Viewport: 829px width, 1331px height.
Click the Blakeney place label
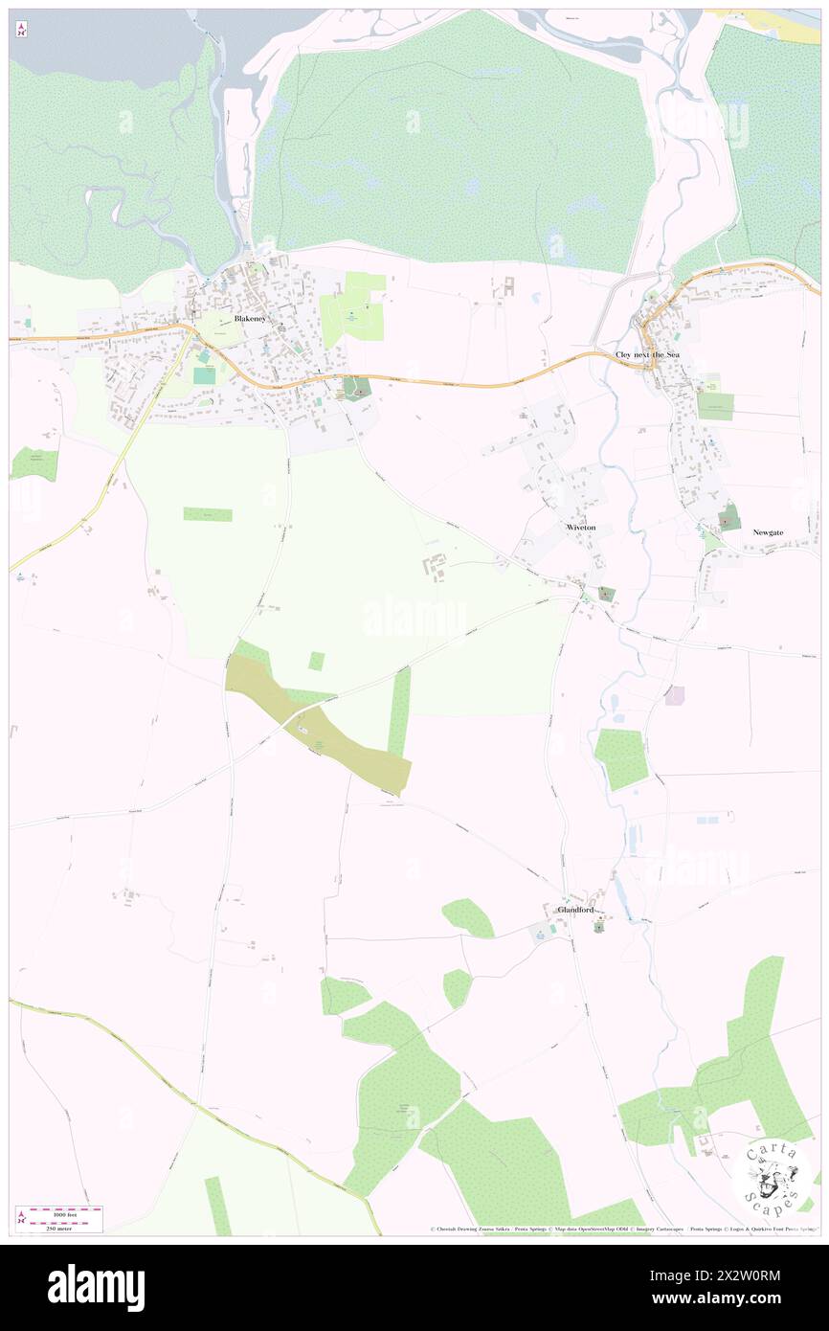click(250, 318)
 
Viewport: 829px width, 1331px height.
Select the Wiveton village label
click(581, 528)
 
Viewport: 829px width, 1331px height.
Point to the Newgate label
click(768, 531)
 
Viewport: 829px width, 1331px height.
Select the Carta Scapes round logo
click(773, 1176)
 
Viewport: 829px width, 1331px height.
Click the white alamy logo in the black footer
click(96, 1288)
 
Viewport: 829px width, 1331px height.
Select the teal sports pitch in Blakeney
click(205, 376)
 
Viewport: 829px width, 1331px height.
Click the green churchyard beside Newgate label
click(729, 518)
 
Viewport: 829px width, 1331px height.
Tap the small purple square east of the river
click(676, 695)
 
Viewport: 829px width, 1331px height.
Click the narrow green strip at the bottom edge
click(218, 1206)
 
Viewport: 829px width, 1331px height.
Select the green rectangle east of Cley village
click(714, 406)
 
